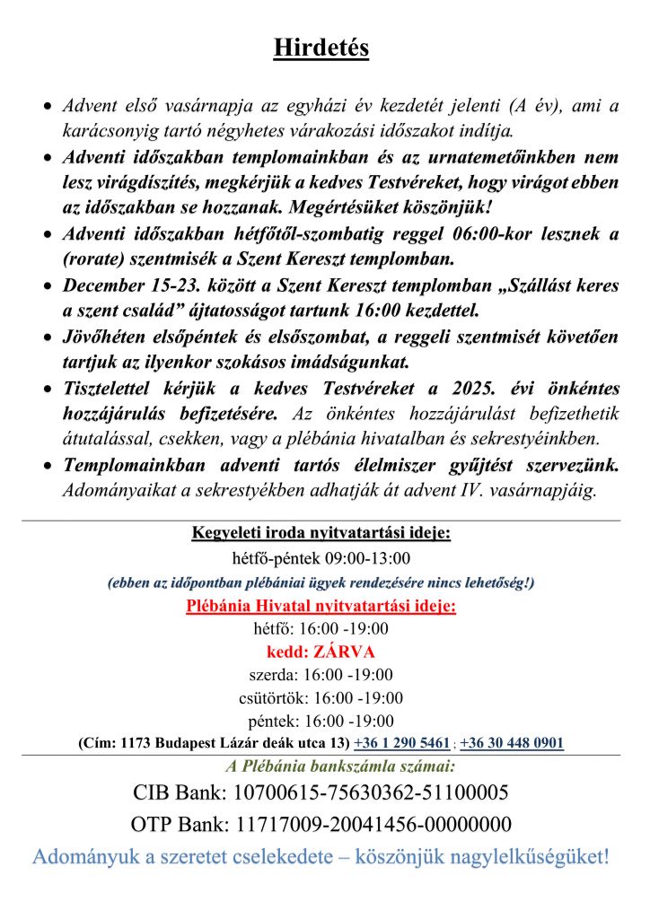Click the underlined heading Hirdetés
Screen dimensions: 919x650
pyautogui.click(x=321, y=48)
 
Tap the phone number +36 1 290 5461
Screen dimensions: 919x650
pyautogui.click(x=401, y=743)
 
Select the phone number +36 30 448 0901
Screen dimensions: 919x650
pyautogui.click(x=512, y=743)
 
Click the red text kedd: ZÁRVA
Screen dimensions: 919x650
pyautogui.click(x=321, y=652)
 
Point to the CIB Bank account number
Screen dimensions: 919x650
pyautogui.click(x=371, y=793)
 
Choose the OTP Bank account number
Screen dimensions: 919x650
pyautogui.click(x=373, y=825)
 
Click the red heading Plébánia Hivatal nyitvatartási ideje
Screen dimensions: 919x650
pyautogui.click(x=321, y=607)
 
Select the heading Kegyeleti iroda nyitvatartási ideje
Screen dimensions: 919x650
pyautogui.click(x=321, y=534)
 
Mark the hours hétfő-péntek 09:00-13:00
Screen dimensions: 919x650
pyautogui.click(x=321, y=558)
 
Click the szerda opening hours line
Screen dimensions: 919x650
pyautogui.click(x=321, y=675)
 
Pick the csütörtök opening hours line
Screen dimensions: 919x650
pyautogui.click(x=321, y=697)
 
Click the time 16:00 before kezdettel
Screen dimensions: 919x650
pyautogui.click(x=388, y=311)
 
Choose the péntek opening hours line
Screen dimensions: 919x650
pyautogui.click(x=321, y=721)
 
